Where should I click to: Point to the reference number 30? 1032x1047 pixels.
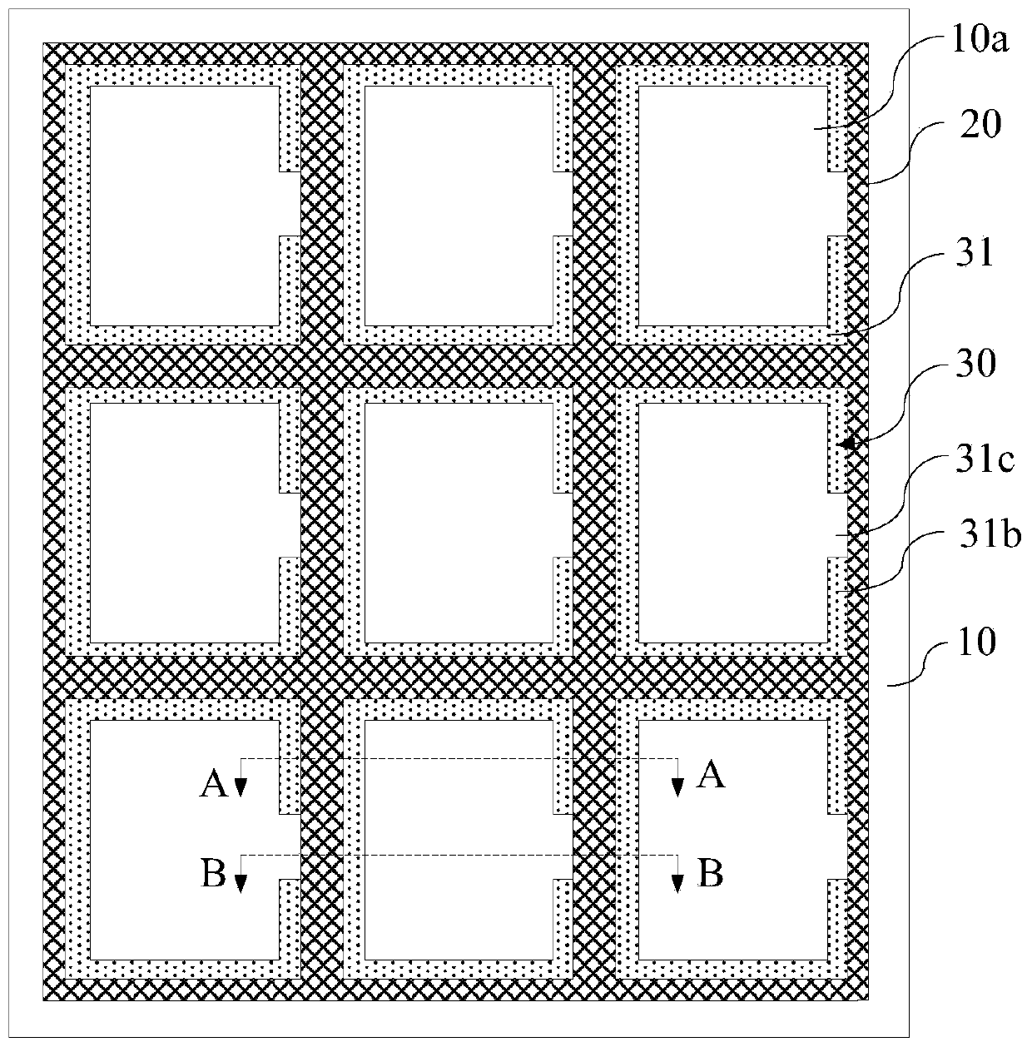[x=978, y=364]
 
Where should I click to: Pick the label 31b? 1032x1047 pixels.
[x=990, y=537]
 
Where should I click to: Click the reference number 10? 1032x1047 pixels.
[x=978, y=643]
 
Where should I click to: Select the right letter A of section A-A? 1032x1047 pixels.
[x=711, y=776]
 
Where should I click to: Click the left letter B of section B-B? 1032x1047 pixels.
[x=214, y=874]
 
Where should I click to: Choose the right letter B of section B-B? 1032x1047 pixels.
[x=710, y=874]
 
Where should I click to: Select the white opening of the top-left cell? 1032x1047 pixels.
[x=184, y=206]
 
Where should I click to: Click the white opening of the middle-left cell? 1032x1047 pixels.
[x=184, y=523]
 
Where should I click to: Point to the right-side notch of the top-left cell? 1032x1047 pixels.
[x=289, y=204]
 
